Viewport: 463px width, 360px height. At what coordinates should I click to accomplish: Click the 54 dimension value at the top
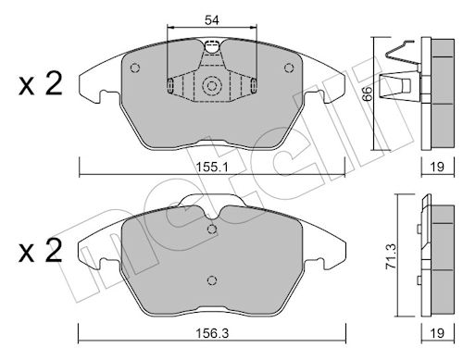click(x=212, y=20)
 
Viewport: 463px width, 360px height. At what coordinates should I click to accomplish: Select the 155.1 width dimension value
click(x=212, y=168)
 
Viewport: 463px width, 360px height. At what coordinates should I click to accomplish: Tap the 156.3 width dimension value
click(x=212, y=333)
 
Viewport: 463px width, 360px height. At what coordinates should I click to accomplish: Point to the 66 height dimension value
click(x=368, y=93)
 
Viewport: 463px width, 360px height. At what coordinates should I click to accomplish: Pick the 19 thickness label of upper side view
click(x=437, y=167)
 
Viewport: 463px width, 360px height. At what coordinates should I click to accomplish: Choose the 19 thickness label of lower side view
click(x=437, y=333)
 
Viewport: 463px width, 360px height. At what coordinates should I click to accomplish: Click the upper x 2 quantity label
click(x=41, y=83)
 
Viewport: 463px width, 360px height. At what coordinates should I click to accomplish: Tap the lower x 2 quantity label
click(x=41, y=251)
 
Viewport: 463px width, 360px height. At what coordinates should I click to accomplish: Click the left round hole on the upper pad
click(x=135, y=68)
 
